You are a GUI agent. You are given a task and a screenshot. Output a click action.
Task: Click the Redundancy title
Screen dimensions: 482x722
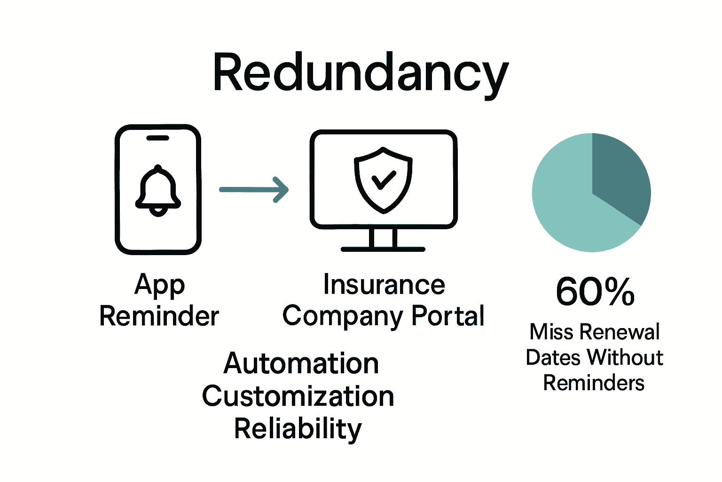coord(361,73)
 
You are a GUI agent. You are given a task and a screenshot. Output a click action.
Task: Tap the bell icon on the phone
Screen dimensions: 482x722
coord(158,191)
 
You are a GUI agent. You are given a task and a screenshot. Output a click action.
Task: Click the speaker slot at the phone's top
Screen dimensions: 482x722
coord(157,138)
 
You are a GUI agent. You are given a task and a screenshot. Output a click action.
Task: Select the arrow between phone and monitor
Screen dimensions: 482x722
coord(254,190)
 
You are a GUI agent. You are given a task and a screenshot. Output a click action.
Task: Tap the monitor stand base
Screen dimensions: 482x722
coord(383,249)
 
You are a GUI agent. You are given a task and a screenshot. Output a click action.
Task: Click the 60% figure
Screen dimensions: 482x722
coord(595,292)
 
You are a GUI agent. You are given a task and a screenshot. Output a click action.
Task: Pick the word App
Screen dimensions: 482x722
coord(159,285)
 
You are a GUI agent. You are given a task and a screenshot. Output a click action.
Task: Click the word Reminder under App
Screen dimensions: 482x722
coord(159,316)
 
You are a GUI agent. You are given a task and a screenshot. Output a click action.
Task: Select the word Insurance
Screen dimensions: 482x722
coord(384,285)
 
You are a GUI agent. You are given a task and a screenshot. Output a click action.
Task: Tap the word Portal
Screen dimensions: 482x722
coord(447,316)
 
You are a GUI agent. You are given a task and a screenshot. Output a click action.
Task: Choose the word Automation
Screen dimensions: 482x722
coord(301,364)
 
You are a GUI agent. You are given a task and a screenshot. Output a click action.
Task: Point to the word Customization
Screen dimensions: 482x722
coord(298,396)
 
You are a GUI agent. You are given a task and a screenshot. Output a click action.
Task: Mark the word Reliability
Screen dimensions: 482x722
coord(298,429)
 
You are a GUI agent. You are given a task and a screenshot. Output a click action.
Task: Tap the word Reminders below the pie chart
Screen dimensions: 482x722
coord(594,383)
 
